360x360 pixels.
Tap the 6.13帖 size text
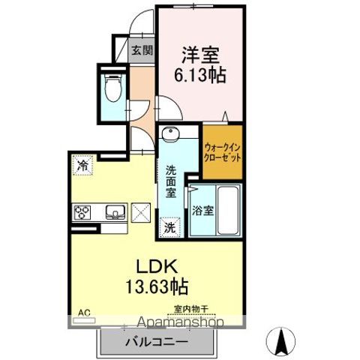point(201,75)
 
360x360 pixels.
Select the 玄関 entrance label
point(142,51)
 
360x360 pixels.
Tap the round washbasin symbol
point(170,135)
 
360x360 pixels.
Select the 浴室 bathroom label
point(203,211)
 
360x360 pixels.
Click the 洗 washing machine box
point(170,226)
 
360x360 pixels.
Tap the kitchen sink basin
point(115,211)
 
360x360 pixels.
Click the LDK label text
point(155,265)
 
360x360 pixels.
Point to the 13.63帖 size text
point(156,286)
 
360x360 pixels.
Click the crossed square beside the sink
point(142,212)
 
